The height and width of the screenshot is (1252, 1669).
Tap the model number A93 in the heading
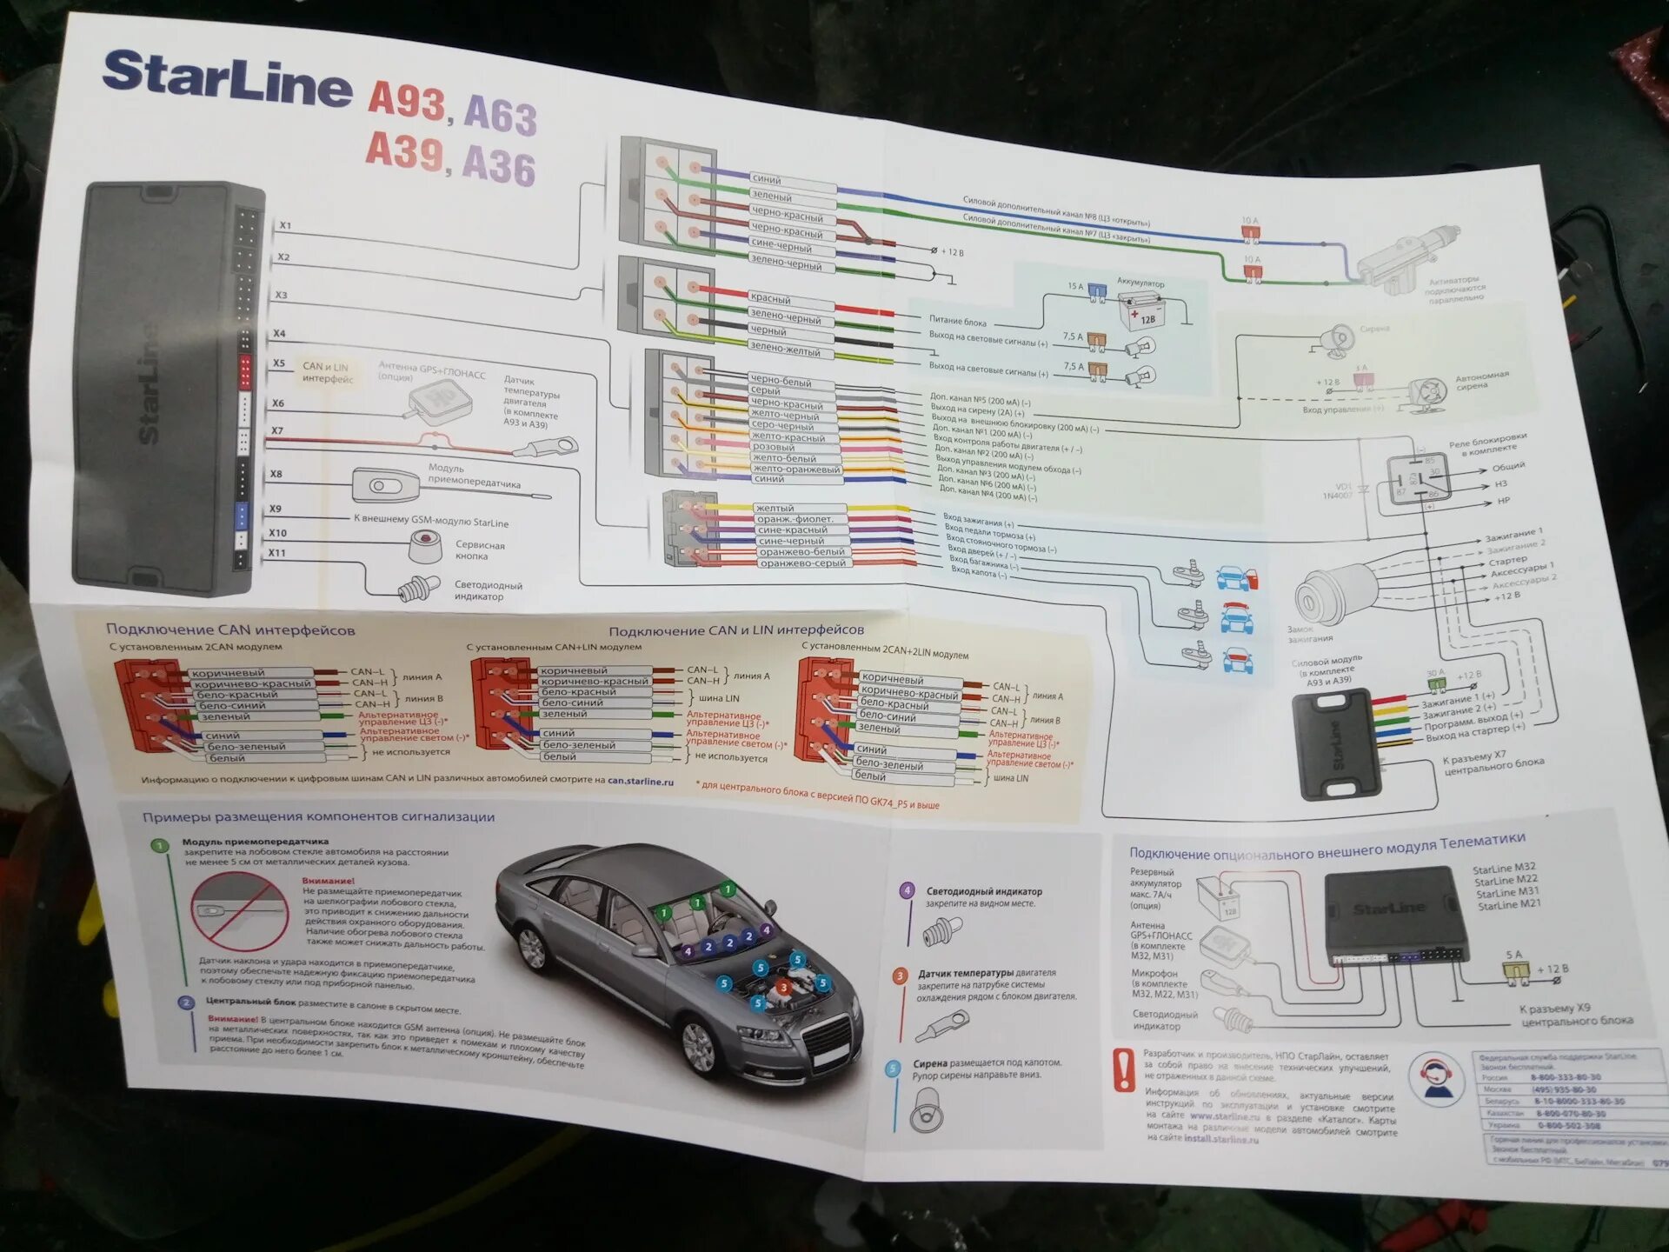(x=407, y=102)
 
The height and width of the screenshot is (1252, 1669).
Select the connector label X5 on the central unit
(x=278, y=363)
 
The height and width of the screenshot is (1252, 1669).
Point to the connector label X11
(x=276, y=553)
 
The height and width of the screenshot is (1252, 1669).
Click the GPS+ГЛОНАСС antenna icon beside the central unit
(x=438, y=403)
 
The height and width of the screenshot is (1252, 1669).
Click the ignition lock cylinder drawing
(x=1330, y=591)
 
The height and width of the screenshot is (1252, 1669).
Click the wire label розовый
(x=774, y=447)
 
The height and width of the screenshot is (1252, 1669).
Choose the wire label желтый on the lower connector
(x=775, y=508)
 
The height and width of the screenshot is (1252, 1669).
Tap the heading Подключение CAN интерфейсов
(x=230, y=629)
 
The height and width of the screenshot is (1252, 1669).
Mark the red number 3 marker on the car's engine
(x=782, y=987)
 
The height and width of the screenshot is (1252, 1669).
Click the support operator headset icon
(x=1434, y=1078)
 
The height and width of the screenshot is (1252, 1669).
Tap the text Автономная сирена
(x=1481, y=381)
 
